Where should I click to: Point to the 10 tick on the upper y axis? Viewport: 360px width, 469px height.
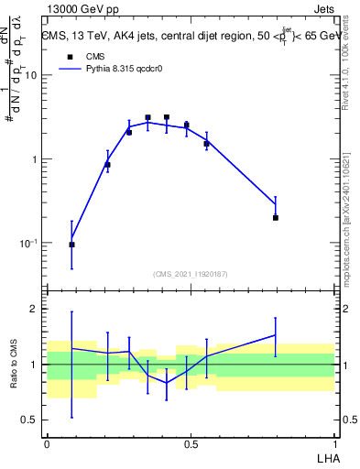(31, 75)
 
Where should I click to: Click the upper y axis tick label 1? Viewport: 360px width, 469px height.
(35, 159)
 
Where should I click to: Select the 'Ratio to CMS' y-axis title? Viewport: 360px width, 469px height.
(12, 365)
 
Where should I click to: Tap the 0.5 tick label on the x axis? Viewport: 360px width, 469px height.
(191, 442)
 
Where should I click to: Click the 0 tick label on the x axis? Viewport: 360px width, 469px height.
(47, 442)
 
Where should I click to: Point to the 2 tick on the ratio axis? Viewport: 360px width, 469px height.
(35, 309)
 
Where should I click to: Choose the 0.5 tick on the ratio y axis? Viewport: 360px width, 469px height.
(29, 420)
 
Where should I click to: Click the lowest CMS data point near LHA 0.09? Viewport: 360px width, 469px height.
(72, 245)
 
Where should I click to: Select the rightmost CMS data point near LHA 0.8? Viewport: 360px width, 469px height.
(276, 218)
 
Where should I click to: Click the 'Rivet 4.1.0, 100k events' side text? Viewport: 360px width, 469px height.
(351, 64)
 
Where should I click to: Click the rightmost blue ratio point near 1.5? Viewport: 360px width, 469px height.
(276, 335)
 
